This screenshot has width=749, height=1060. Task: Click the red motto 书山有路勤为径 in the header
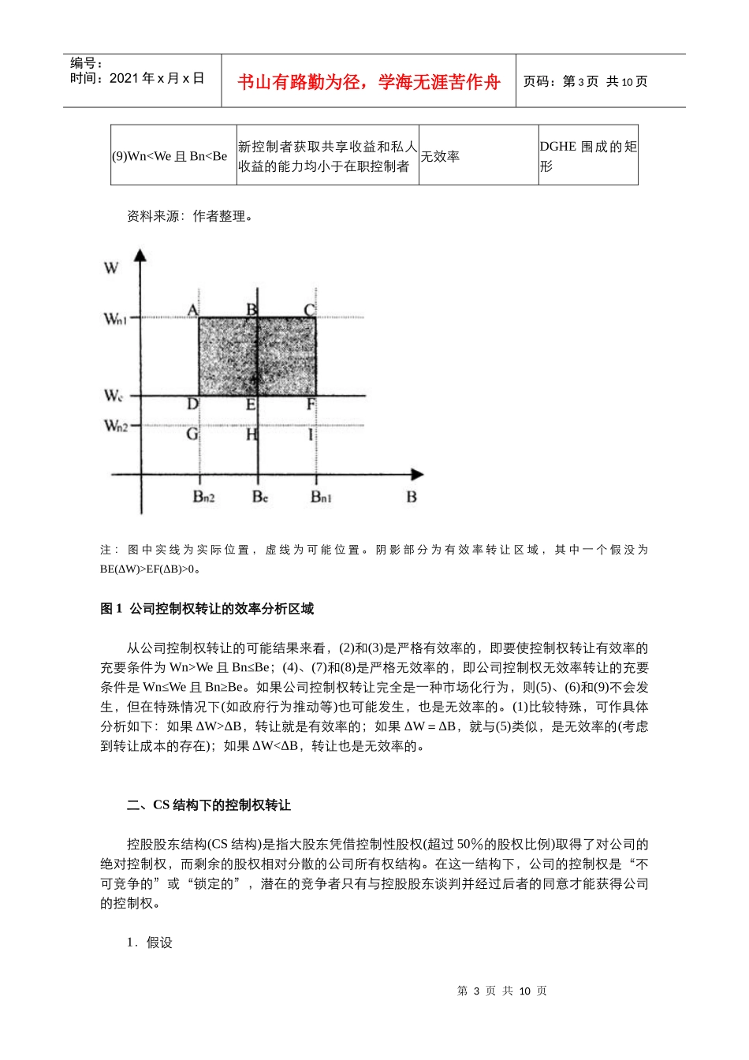[369, 82]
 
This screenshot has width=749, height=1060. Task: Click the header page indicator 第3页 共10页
[585, 82]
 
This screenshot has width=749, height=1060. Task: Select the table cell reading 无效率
[440, 156]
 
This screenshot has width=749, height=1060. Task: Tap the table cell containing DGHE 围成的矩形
[588, 156]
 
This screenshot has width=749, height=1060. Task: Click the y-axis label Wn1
[115, 319]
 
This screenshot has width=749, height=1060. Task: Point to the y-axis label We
[114, 395]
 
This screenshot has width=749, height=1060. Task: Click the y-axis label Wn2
[115, 426]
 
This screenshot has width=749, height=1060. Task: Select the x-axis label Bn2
[203, 497]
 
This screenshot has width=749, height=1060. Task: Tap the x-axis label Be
[260, 497]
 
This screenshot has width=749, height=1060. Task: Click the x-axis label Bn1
[321, 497]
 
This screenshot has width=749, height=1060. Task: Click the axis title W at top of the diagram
[111, 268]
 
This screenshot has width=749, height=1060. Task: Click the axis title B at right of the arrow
[411, 497]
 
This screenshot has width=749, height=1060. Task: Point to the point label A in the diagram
[192, 309]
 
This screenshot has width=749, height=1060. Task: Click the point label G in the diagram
[192, 435]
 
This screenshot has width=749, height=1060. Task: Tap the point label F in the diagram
[311, 405]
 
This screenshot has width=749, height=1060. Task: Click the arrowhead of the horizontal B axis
[417, 474]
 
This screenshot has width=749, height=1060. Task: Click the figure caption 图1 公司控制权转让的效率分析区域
[207, 608]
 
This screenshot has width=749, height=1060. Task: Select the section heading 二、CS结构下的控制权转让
[209, 804]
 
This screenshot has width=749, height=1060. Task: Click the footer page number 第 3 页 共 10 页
[501, 991]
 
